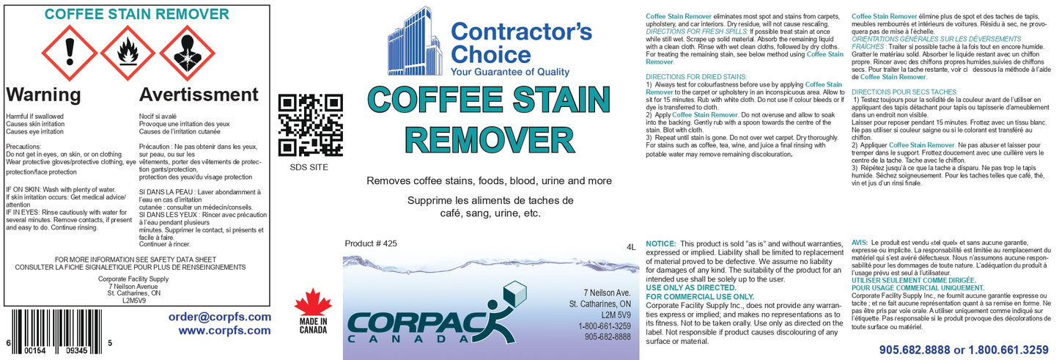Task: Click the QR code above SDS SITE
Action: pos(311,125)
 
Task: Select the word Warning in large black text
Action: pos(43,95)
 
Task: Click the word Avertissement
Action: pos(199,95)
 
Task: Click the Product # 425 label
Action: pos(370,245)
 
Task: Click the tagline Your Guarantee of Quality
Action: pos(510,72)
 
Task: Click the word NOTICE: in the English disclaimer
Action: pos(660,243)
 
